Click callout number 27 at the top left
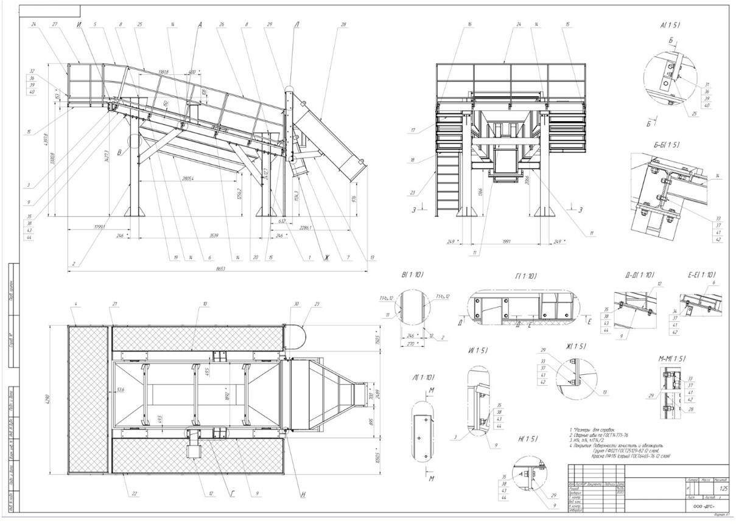[x=55, y=24]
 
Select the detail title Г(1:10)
[x=525, y=277]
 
